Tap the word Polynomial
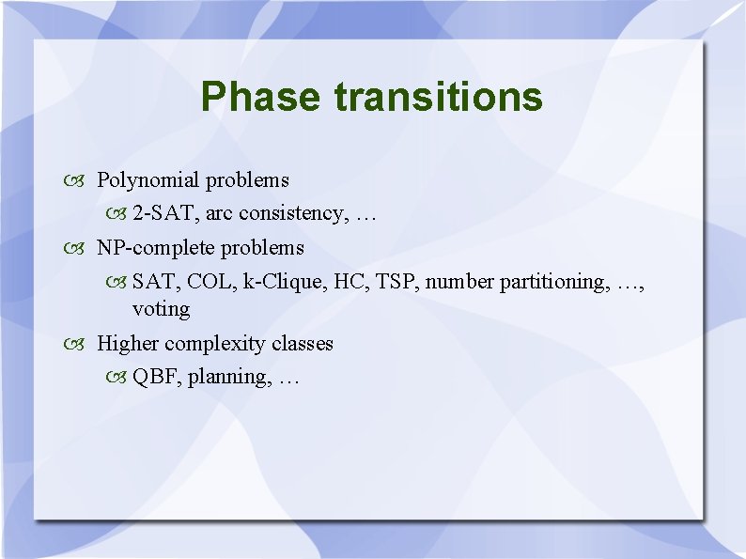pyautogui.click(x=148, y=179)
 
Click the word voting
pyautogui.click(x=161, y=309)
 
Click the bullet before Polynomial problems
pyautogui.click(x=77, y=180)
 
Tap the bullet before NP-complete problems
pyautogui.click(x=77, y=249)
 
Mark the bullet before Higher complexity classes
pyautogui.click(x=77, y=345)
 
